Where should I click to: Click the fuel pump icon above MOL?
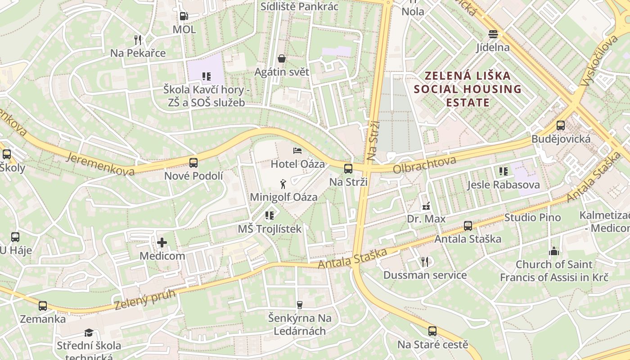coord(184,16)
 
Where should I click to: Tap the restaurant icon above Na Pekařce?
coord(138,40)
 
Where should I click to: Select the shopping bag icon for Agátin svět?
coord(282,58)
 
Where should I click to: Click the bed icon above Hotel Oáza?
coord(297,151)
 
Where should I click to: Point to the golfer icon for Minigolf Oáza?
coord(283,184)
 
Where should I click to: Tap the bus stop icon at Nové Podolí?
coord(193,163)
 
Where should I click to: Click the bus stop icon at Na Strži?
coord(348,169)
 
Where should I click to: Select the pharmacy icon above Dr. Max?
coord(426,207)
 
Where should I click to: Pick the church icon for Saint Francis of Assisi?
coord(554,251)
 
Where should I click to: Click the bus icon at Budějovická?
coord(561,126)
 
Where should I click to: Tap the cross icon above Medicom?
coord(162,243)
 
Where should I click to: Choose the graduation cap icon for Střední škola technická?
coord(89,333)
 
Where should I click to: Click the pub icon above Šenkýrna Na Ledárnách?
coord(300,305)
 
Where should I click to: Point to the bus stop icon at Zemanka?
coord(43,306)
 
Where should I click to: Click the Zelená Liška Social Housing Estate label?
coord(468,89)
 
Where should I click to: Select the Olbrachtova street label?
coord(424,165)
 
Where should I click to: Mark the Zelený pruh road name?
coord(139,299)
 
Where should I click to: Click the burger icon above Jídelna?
coord(493,34)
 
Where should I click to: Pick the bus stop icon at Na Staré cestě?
coord(432,331)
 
